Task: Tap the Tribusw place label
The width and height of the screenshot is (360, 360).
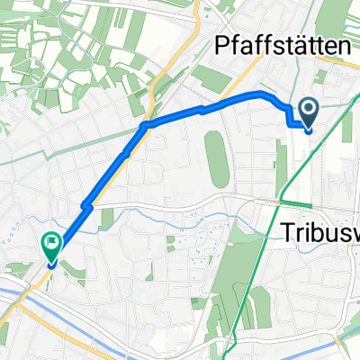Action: [315, 231]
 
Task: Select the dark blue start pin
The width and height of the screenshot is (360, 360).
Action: [309, 114]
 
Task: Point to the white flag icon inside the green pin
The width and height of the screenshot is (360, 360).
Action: [50, 240]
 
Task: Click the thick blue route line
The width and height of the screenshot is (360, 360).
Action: [180, 114]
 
